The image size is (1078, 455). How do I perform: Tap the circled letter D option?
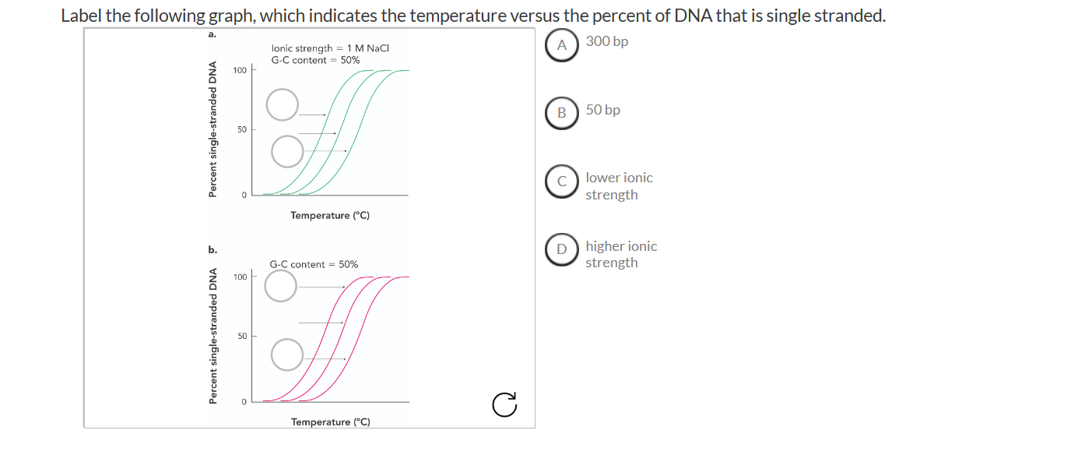(562, 250)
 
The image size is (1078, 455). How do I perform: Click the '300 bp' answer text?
(607, 42)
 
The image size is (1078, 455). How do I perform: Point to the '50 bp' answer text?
(603, 111)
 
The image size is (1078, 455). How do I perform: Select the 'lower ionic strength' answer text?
(620, 186)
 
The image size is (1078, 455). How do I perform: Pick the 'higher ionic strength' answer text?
(621, 255)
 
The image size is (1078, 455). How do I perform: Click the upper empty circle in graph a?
(283, 104)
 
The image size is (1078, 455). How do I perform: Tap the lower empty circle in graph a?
(287, 151)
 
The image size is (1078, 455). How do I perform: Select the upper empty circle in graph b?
(281, 286)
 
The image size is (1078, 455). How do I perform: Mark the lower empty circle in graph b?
(287, 354)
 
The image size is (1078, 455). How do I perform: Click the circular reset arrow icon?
(504, 404)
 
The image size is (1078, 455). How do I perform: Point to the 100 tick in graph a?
(240, 71)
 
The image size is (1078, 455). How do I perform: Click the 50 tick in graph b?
(242, 336)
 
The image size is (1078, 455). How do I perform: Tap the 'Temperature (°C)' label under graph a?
(330, 215)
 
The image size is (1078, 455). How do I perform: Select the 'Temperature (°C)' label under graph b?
(331, 422)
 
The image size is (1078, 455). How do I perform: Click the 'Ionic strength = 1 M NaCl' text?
(330, 48)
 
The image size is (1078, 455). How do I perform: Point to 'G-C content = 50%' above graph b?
(314, 265)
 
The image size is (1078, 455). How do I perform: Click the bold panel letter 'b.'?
(212, 250)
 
